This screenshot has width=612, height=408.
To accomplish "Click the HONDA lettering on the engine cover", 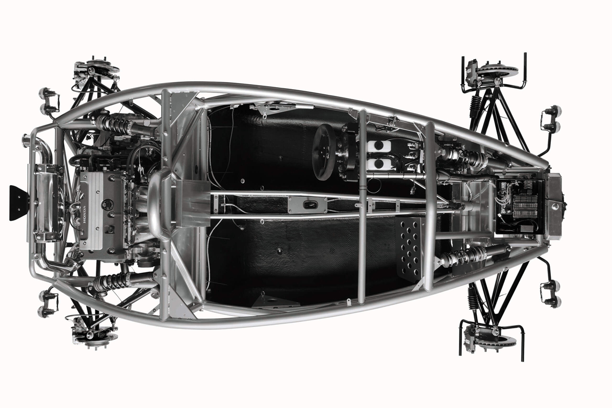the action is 84,215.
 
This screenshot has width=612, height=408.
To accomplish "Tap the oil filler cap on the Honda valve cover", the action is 108,205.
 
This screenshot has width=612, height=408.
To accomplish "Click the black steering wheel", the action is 324,152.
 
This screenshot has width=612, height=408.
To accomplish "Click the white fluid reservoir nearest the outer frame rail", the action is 379,146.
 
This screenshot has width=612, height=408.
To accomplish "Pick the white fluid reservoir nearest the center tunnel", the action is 379,164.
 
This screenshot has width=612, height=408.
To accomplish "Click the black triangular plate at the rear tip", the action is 19,203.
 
